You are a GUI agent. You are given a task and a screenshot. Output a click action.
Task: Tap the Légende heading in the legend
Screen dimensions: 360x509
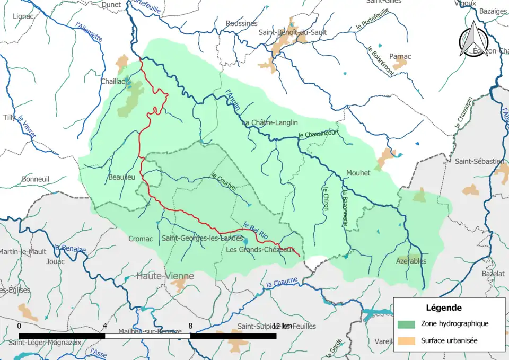(443, 308)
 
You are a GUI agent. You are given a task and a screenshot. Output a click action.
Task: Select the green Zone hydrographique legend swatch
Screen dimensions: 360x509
(406, 323)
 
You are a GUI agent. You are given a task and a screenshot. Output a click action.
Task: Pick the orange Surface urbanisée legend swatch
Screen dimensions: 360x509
(406, 340)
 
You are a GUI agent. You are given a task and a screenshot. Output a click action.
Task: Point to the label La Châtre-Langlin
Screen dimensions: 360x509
(269, 122)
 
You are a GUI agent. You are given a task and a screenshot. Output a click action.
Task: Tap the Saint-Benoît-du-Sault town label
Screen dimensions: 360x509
(292, 32)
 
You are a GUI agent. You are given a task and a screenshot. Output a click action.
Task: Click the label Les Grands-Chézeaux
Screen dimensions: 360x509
(260, 250)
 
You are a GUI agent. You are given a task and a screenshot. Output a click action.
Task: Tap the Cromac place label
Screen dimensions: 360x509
(141, 239)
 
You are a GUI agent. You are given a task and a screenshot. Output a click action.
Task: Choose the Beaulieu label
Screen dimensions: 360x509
(122, 177)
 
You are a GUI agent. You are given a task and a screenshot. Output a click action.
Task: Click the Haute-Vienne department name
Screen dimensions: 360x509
(165, 276)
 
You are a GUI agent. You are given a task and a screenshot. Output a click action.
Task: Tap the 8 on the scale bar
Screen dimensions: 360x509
(190, 326)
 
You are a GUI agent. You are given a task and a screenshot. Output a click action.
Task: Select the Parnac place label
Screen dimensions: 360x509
(400, 56)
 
